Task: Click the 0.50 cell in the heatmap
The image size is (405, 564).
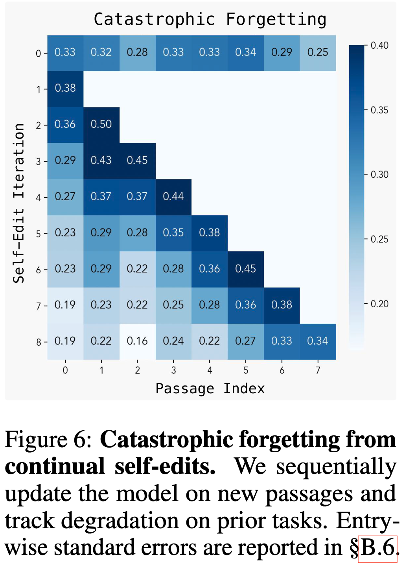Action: coord(101,124)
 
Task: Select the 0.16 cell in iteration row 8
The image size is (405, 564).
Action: coord(137,341)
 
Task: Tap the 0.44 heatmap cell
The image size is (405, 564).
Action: coord(173,197)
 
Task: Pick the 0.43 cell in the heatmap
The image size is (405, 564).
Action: coord(101,160)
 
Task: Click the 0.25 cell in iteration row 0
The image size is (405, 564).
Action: coord(318,52)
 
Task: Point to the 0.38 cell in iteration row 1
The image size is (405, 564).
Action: coord(65,88)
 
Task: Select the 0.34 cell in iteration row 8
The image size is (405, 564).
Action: coord(318,341)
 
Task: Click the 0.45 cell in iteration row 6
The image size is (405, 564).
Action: coord(245,269)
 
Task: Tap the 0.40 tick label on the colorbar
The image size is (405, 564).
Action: coord(379,46)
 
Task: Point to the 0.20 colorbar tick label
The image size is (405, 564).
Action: coord(379,304)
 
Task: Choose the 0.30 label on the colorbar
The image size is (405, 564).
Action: coord(379,175)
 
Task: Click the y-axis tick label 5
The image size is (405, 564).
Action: coord(39,234)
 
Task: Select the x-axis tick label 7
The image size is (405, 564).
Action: coord(318,370)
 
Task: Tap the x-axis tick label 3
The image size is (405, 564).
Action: coord(173,370)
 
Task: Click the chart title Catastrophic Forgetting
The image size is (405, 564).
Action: coord(210,19)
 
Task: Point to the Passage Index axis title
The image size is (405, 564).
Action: coord(210,389)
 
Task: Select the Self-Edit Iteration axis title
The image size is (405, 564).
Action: coord(19,203)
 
